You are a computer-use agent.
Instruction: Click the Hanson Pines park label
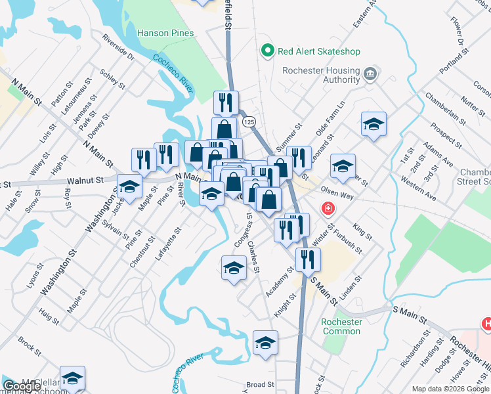coord(165,33)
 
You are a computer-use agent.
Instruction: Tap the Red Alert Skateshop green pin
coord(267,51)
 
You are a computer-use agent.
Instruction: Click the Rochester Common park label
coord(341,326)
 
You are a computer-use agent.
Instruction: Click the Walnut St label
coord(86,179)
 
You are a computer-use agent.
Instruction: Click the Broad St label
coord(260,385)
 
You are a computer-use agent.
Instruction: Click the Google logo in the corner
coord(21,386)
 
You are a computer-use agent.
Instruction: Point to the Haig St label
coord(49,317)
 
